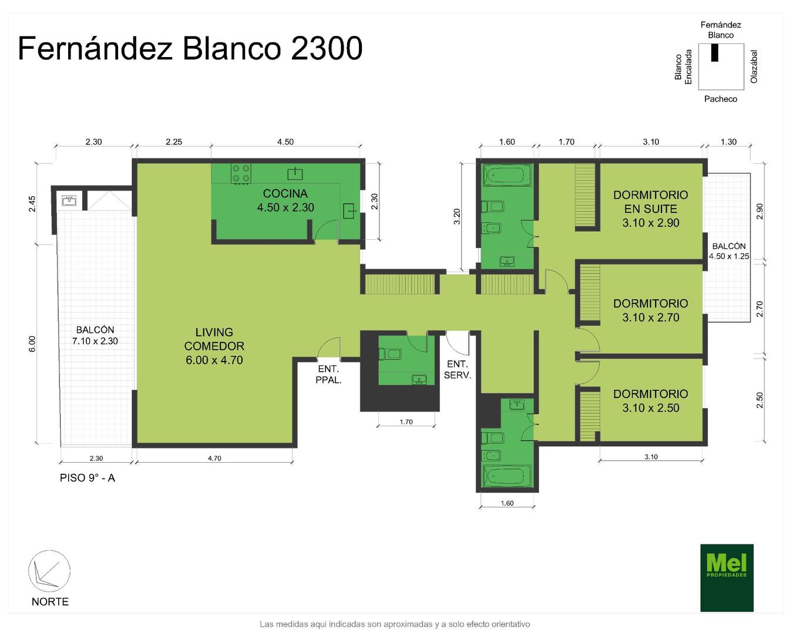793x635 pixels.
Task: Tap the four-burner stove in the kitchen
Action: point(241,173)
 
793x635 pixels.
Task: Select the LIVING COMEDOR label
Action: point(214,346)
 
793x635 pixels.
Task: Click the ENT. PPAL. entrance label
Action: point(328,374)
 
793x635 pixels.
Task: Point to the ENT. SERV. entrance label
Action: point(458,369)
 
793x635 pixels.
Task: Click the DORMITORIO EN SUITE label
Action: point(650,209)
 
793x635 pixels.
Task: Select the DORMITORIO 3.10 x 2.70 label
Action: point(650,310)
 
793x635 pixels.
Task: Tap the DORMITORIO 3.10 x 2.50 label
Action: point(650,401)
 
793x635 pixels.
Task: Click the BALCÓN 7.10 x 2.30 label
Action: point(95,335)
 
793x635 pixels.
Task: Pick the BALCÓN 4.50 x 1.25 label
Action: point(729,251)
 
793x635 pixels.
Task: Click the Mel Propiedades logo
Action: point(727,578)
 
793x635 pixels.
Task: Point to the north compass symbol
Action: point(49,571)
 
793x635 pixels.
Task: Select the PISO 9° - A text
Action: point(88,478)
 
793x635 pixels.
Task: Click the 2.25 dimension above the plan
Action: point(173,142)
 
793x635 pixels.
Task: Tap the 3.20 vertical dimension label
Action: point(457,216)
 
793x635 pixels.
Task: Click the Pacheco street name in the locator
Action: point(720,99)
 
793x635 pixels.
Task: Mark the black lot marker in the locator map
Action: point(715,53)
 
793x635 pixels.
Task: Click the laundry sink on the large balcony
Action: point(69,200)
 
